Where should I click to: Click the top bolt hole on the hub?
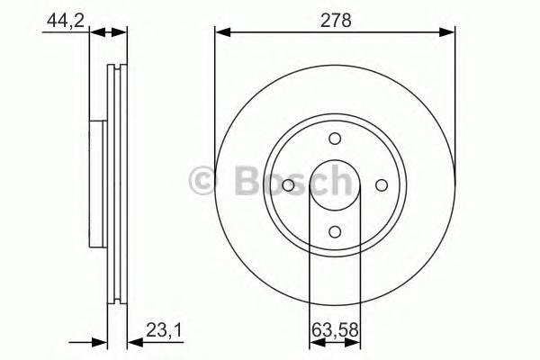pyautogui.click(x=335, y=139)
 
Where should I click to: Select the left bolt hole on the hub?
pyautogui.click(x=288, y=184)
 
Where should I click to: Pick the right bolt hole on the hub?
pyautogui.click(x=381, y=184)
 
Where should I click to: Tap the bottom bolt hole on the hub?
pyautogui.click(x=335, y=230)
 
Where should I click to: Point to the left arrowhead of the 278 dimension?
pyautogui.click(x=220, y=32)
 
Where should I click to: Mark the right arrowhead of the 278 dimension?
pyautogui.click(x=449, y=32)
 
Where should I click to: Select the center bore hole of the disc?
pyautogui.click(x=335, y=184)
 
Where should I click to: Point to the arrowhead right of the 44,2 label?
pyautogui.click(x=100, y=32)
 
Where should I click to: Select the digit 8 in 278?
pyautogui.click(x=347, y=17)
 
